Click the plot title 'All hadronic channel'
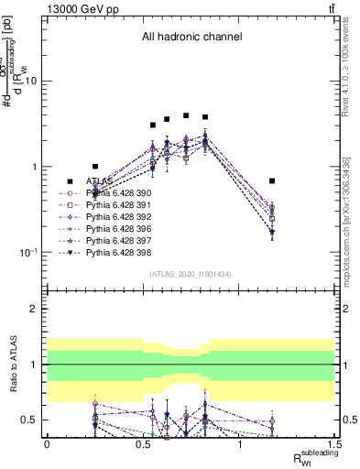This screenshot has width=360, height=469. pos(191,38)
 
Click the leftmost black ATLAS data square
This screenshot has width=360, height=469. pos(95,167)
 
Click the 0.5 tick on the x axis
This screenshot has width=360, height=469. pos(143,442)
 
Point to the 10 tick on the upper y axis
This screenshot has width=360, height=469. pos(33,81)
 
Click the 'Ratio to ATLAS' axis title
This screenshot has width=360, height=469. pos(15,365)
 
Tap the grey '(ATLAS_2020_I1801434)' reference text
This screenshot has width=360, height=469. pos(191,274)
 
